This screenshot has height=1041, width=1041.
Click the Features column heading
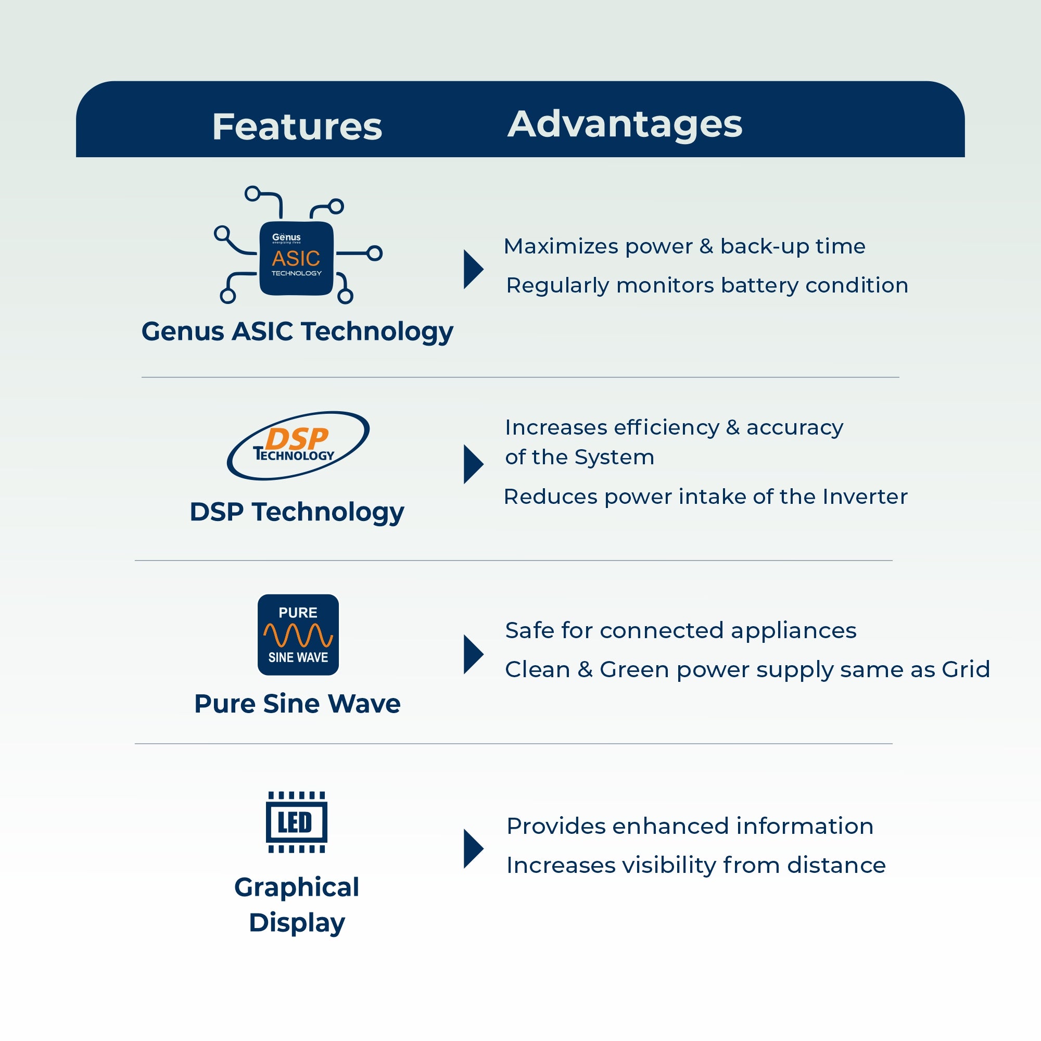pos(297,126)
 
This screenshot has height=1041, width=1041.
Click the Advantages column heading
pos(625,124)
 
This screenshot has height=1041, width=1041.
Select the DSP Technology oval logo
pos(298,445)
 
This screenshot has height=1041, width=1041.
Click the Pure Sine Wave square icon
pos(298,634)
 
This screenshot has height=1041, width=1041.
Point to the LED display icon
pos(296,822)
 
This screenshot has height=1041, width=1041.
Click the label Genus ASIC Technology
pos(297,332)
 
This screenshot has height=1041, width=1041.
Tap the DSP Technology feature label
pos(297,512)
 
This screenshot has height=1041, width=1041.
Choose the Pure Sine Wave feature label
pos(297,704)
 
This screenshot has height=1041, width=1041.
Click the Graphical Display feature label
pos(297,905)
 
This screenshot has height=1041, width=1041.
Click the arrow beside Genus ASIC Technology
pos(473,269)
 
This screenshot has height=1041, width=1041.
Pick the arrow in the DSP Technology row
pos(473,464)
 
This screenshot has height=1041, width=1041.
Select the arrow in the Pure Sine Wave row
pos(473,654)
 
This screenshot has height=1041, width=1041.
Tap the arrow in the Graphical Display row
pos(473,848)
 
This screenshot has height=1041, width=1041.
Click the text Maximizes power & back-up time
pos(684,246)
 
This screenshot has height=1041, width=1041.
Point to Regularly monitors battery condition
pos(707,286)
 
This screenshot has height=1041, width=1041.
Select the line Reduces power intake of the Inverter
pos(705,497)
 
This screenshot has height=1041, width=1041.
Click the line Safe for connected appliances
pos(680,630)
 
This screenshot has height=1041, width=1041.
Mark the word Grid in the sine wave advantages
pos(966,669)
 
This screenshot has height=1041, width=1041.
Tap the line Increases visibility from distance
pos(695,866)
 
